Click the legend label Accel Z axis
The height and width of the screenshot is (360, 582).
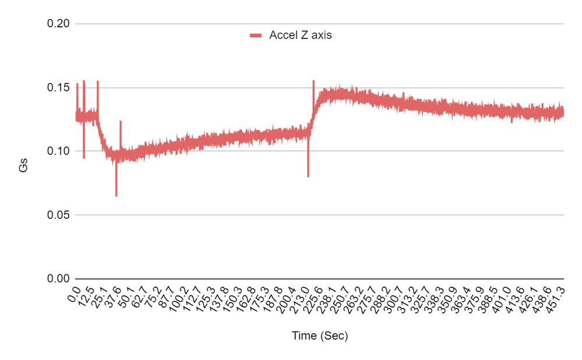pyautogui.click(x=301, y=35)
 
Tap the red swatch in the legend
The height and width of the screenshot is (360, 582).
pyautogui.click(x=257, y=36)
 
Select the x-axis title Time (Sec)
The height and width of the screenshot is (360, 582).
pyautogui.click(x=319, y=336)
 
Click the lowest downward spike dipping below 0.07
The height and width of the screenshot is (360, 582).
pyautogui.click(x=116, y=196)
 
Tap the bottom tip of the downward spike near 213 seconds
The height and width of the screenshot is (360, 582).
pyautogui.click(x=308, y=177)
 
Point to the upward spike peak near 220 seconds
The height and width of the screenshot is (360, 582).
pyautogui.click(x=313, y=81)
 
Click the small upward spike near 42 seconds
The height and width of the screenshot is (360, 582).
pyautogui.click(x=121, y=121)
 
